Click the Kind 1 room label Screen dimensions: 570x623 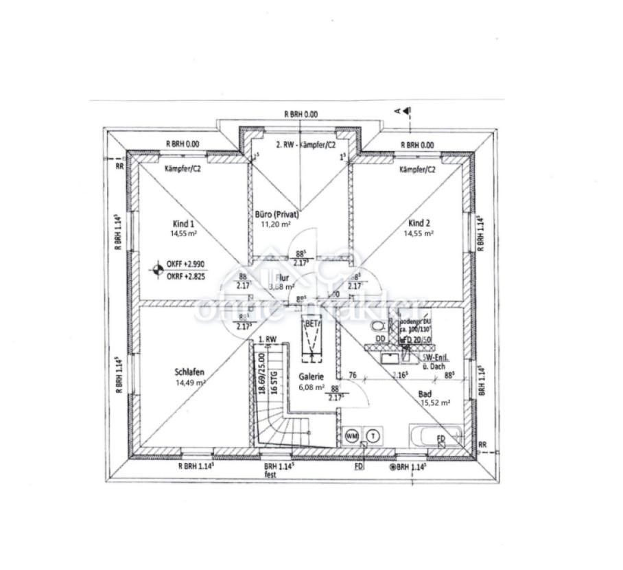pyautogui.click(x=183, y=223)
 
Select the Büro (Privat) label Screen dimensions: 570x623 pyautogui.click(x=277, y=214)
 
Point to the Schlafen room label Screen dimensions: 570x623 pyautogui.click(x=190, y=373)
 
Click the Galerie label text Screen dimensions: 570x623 pyautogui.click(x=311, y=377)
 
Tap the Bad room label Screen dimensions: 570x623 pyautogui.click(x=425, y=394)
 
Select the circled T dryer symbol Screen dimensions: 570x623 pyautogui.click(x=373, y=435)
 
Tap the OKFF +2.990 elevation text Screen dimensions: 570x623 pyautogui.click(x=185, y=264)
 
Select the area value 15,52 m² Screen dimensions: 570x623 pyautogui.click(x=435, y=403)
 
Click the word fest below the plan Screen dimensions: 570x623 pyautogui.click(x=272, y=474)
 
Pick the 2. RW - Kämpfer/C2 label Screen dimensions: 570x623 pyautogui.click(x=305, y=145)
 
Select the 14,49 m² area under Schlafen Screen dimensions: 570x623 pyautogui.click(x=190, y=383)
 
